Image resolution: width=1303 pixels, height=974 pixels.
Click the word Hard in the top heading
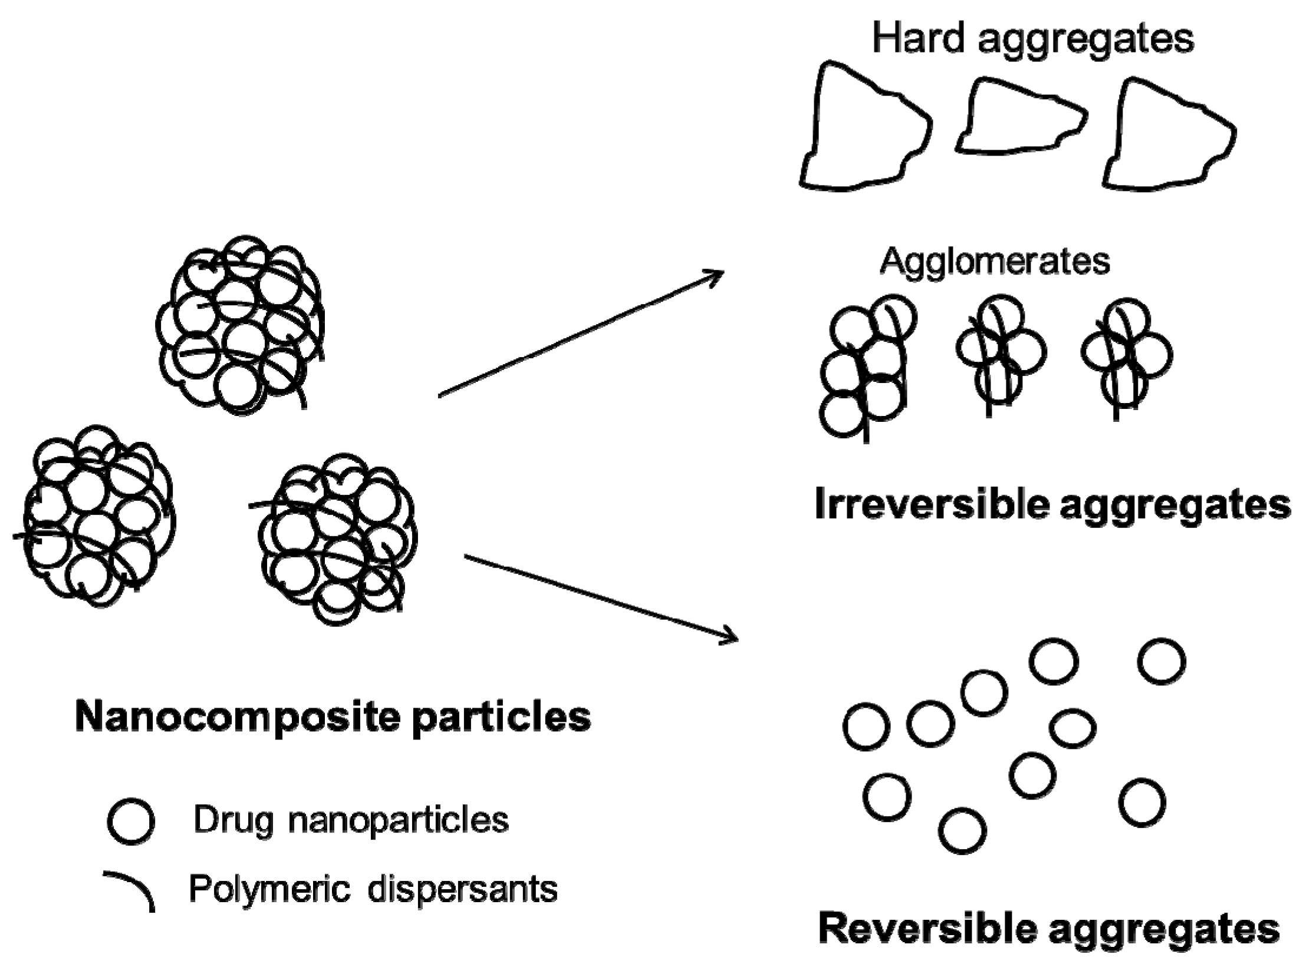[x=917, y=39]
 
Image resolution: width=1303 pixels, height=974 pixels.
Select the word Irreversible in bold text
[x=932, y=506]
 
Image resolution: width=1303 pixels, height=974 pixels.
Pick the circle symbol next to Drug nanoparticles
[x=131, y=821]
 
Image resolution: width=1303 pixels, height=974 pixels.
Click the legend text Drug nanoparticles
[x=351, y=820]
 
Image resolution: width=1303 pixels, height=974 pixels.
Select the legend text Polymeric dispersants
[x=373, y=889]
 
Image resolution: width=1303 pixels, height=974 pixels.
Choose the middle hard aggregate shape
[x=1019, y=121]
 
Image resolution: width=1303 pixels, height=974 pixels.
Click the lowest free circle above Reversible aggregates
[x=962, y=831]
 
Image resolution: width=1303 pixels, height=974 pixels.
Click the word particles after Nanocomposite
[x=501, y=717]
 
